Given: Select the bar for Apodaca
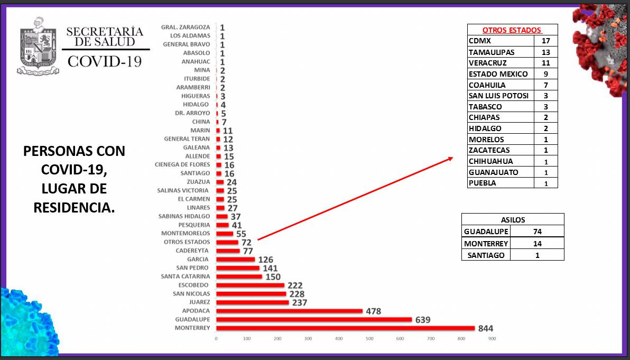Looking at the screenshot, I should pos(289,311).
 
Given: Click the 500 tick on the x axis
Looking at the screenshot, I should pos(369,338).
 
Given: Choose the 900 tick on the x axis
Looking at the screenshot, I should pos(492,338).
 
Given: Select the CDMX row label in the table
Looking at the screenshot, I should pos(480,41).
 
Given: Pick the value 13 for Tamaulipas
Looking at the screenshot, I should pos(545,52).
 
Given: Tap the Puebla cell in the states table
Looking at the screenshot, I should pos(482,183).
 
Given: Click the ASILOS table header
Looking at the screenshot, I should pos(513,219).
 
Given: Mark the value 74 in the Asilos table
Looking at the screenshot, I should pos(537,232).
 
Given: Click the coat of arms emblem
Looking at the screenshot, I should pos(38,47).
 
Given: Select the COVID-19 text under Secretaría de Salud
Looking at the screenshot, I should pos(105,61).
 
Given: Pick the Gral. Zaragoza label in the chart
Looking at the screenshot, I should pos(187,27).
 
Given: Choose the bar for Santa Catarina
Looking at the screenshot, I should pos(239,276).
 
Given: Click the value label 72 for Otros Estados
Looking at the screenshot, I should pos(246,242).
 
